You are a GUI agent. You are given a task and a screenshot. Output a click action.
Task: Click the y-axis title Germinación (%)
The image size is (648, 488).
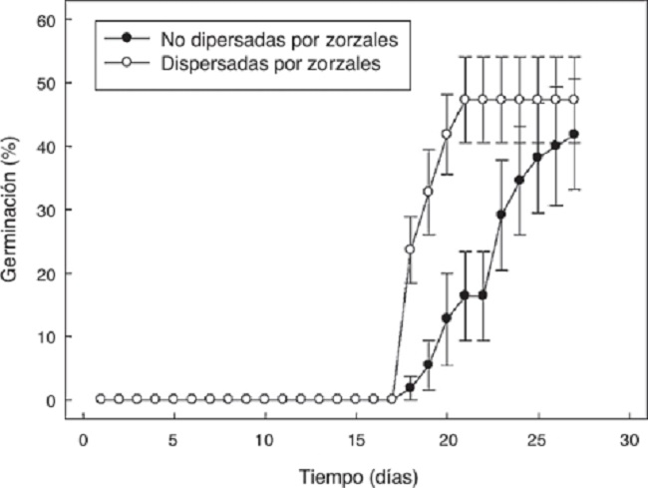[x=12, y=210]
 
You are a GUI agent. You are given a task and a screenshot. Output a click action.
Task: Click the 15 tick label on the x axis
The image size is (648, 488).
[x=355, y=440]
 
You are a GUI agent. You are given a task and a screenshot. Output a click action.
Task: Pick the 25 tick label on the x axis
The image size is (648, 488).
[x=538, y=440]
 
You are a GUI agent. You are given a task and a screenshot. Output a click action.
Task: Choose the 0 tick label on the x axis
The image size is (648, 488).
[x=82, y=440]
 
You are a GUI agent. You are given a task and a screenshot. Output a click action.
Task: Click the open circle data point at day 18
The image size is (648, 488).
[x=410, y=248]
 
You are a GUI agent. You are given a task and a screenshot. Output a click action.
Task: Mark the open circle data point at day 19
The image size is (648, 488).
[x=429, y=192]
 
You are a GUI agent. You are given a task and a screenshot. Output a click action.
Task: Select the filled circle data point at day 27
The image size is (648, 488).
[x=574, y=134]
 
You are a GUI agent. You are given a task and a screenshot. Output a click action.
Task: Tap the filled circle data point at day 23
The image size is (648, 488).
[x=501, y=215]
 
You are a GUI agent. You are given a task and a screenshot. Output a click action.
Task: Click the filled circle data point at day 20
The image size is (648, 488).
[x=447, y=317]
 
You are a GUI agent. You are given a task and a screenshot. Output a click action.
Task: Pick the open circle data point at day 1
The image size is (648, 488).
[x=100, y=399]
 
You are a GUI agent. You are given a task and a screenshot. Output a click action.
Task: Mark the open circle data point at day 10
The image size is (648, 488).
[x=264, y=399]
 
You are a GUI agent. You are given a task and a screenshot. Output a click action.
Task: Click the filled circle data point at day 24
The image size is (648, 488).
[x=519, y=181]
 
